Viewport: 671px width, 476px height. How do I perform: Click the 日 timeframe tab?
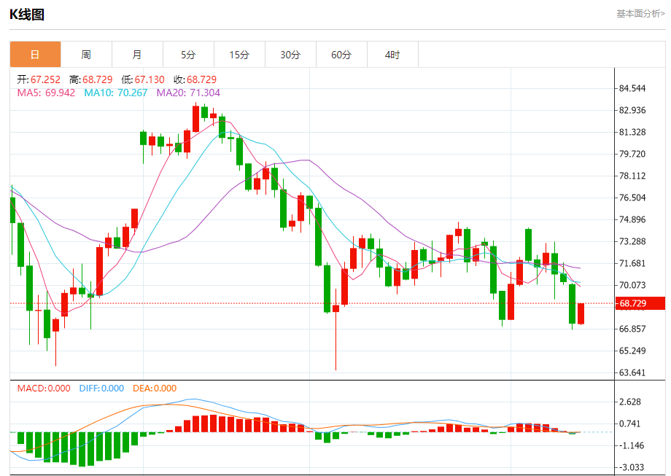pos(35,55)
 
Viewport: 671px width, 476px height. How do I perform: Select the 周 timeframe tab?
pos(86,55)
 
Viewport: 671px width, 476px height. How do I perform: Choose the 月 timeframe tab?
pos(137,55)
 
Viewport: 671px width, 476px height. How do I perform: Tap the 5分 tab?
pos(188,55)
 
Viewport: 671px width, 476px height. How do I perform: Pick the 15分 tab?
pos(239,55)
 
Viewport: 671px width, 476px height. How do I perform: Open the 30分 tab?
pos(290,55)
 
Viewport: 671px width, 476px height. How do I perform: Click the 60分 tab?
pos(341,55)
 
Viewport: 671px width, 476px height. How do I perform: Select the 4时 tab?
pos(392,55)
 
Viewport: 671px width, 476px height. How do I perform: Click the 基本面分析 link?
pos(640,13)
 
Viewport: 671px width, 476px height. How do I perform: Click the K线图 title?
pos(26,14)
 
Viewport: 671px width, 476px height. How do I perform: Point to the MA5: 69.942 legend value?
pos(46,93)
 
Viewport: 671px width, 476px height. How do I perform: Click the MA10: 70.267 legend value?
pos(115,93)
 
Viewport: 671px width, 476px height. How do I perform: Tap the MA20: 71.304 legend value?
pos(188,93)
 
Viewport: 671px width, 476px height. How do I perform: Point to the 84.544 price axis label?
pos(632,89)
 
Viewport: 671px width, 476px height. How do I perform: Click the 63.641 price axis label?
pos(632,372)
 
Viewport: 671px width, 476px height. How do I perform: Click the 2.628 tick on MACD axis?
pos(630,402)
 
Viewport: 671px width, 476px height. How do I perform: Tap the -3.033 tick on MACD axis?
pos(630,467)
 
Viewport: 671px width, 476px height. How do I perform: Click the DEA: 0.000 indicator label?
pos(155,389)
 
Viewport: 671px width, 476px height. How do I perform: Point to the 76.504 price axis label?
pos(632,198)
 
